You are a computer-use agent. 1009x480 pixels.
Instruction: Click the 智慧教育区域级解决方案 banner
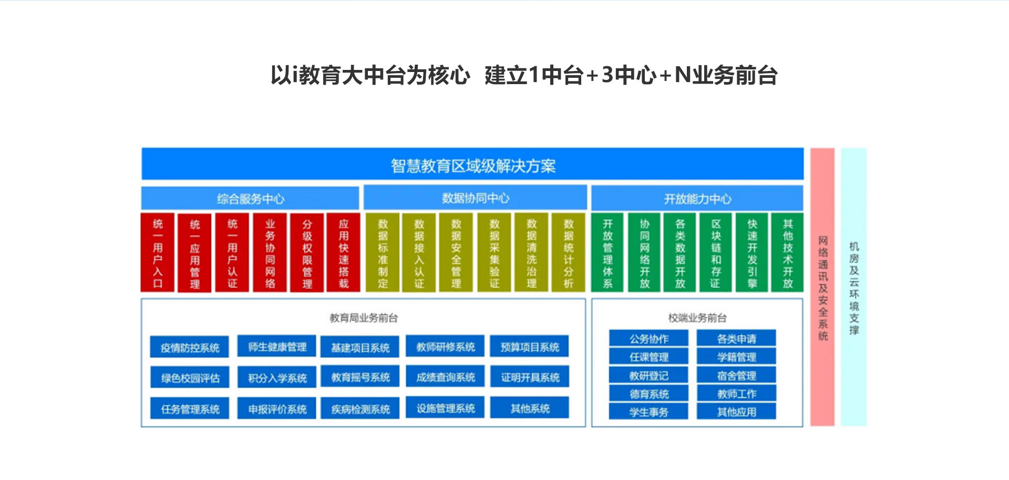(472, 165)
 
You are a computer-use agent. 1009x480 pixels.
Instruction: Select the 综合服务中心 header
(250, 199)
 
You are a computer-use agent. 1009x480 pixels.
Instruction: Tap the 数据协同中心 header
(475, 198)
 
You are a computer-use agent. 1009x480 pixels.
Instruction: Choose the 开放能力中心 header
(697, 199)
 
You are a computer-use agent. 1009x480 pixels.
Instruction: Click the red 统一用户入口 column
(158, 252)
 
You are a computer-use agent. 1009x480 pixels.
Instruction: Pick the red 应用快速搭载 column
(343, 252)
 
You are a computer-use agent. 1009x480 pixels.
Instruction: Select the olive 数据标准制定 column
(383, 252)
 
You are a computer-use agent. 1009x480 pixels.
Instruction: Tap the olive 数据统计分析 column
(568, 252)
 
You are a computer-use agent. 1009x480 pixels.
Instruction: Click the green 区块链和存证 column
(716, 252)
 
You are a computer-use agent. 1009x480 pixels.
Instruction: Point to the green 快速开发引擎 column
(752, 252)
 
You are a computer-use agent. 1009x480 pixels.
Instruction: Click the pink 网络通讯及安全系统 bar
(822, 287)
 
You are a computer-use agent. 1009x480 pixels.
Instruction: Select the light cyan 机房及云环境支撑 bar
(853, 287)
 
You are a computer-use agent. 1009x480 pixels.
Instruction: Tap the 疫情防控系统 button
(190, 348)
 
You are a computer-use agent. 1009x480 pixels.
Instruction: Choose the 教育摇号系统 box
(360, 377)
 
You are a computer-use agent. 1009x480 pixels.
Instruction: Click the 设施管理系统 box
(445, 408)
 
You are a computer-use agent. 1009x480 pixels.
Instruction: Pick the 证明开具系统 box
(530, 377)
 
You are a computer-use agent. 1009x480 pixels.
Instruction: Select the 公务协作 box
(648, 339)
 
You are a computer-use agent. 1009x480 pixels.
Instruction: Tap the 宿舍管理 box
(736, 375)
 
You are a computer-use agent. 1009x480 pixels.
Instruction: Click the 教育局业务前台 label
(364, 318)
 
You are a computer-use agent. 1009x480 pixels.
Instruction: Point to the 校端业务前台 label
(697, 318)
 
